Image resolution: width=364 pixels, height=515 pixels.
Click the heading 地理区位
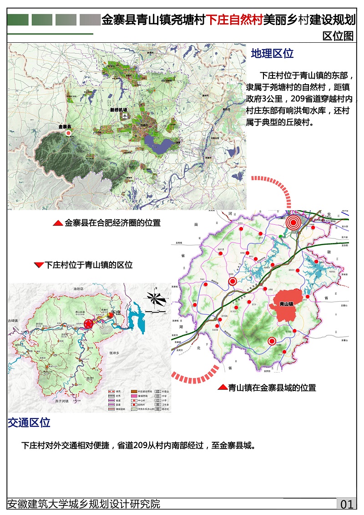coord(272,54)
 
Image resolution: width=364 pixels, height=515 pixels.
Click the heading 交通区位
coord(29,423)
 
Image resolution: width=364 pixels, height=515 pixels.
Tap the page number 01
coord(347,504)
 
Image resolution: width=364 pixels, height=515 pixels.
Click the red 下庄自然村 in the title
coord(235,20)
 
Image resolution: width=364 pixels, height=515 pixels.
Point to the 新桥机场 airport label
coord(119,110)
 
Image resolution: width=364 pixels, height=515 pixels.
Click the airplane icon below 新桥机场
coord(125,116)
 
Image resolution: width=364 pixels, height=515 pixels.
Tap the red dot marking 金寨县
coord(68,133)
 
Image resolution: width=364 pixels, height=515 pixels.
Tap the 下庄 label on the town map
coord(116,313)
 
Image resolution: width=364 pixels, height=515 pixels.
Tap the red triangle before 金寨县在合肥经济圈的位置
coord(58,223)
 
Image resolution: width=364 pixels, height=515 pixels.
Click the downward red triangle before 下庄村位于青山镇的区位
coord(39,265)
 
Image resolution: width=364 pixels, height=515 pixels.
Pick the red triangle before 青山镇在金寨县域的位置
coord(222,388)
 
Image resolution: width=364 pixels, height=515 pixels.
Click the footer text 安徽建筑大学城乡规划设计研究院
coord(84,504)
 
